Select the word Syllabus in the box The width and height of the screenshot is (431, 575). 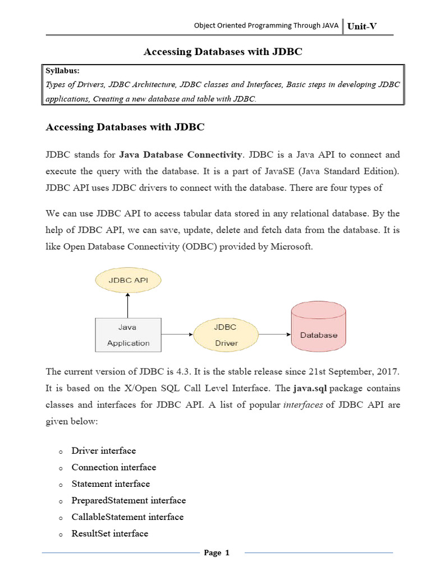[x=63, y=71]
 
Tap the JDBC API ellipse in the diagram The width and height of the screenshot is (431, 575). [x=128, y=279]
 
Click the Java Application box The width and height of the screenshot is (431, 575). [x=129, y=335]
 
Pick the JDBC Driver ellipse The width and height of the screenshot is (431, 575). [x=226, y=335]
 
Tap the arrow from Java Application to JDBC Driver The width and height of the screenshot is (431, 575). [x=177, y=335]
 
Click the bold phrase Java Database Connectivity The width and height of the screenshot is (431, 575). [x=180, y=154]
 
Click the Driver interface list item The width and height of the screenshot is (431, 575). [x=103, y=450]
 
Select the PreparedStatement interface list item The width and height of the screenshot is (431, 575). [x=129, y=500]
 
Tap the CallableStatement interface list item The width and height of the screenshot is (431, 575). [x=127, y=517]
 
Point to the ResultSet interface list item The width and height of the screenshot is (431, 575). [x=109, y=533]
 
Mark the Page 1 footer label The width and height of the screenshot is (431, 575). [x=217, y=553]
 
